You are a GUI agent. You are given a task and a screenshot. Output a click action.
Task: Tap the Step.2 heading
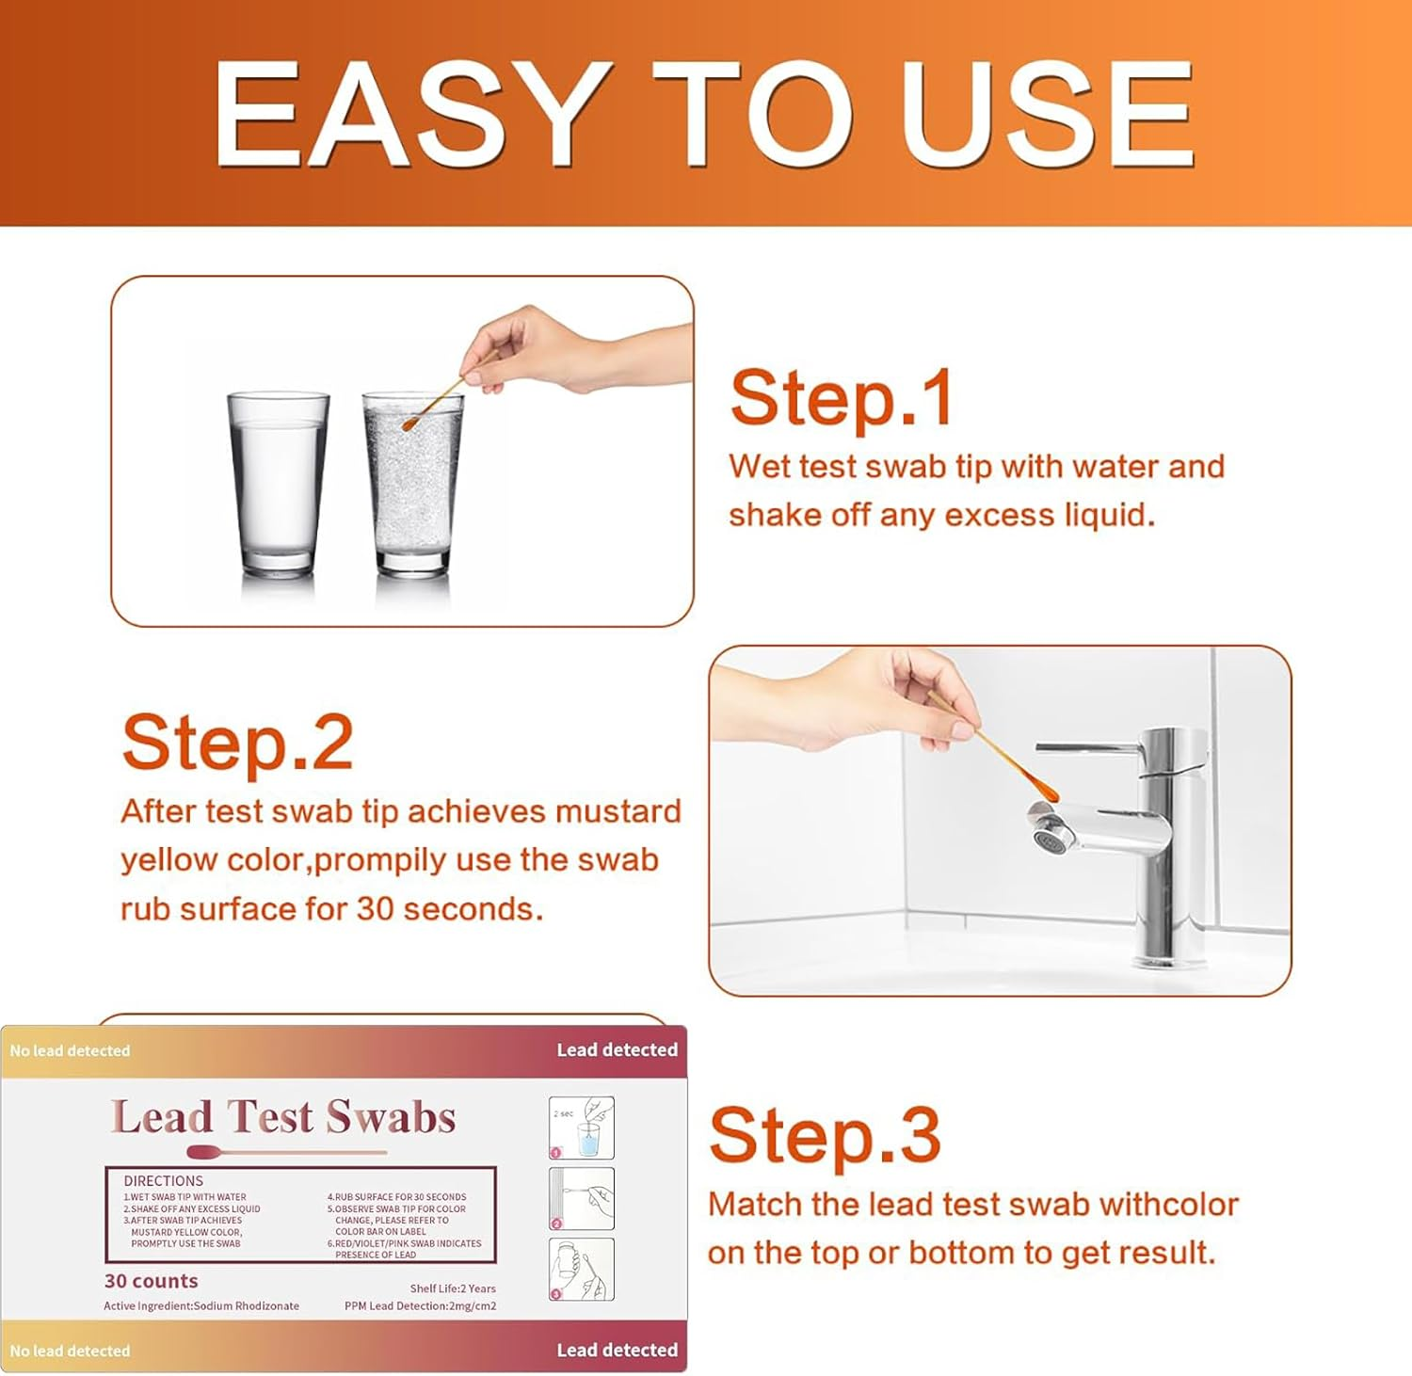coord(237,744)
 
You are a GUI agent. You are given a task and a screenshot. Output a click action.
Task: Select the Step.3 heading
coord(824,1136)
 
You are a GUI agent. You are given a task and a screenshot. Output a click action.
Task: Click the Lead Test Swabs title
coord(283,1117)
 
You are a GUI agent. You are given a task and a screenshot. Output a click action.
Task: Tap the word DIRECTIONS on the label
coord(163,1180)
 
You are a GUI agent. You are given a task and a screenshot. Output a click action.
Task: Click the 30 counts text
coord(151,1281)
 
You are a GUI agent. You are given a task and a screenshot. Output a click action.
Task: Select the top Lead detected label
coord(617,1049)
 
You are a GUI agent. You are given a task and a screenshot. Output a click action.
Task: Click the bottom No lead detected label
coord(70,1351)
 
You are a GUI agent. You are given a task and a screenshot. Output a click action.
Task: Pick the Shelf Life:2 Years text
coord(452,1288)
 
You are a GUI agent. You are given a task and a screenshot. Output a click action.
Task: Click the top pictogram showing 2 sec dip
coord(581,1128)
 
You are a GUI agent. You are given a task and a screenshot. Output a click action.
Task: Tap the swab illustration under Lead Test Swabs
coord(282,1152)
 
